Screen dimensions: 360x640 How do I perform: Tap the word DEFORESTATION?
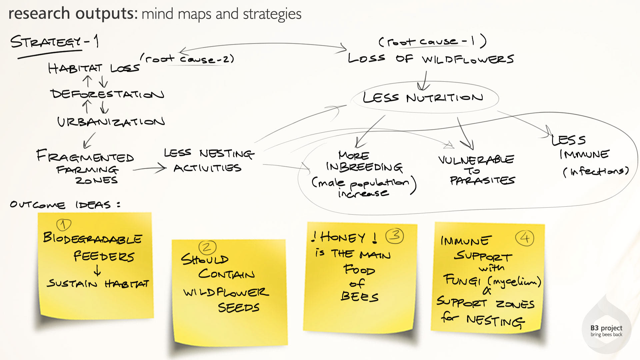pos(107,94)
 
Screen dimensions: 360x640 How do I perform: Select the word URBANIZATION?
pos(111,122)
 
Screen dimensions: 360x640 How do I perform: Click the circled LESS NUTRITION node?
pos(423,98)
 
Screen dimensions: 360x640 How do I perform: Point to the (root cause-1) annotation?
pos(432,41)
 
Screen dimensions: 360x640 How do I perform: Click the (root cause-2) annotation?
pos(187,59)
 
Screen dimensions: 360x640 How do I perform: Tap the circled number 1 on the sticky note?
pos(64,225)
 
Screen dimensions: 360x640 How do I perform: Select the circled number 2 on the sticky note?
pos(207,247)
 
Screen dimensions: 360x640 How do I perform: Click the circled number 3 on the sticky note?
pos(395,236)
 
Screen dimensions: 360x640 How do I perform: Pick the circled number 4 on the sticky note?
pos(525,238)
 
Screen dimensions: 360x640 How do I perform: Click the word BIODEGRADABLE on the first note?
pos(93,238)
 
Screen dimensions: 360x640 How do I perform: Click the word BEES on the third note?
pos(360,296)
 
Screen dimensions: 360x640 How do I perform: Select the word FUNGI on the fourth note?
pos(462,280)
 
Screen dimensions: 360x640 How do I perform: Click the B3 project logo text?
pos(606,330)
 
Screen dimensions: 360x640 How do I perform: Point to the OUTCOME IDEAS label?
pos(65,204)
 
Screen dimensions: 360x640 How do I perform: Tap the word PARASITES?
pos(482,181)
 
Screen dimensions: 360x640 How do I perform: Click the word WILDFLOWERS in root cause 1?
pos(467,59)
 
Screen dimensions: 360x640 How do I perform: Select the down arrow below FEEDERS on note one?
pos(97,270)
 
